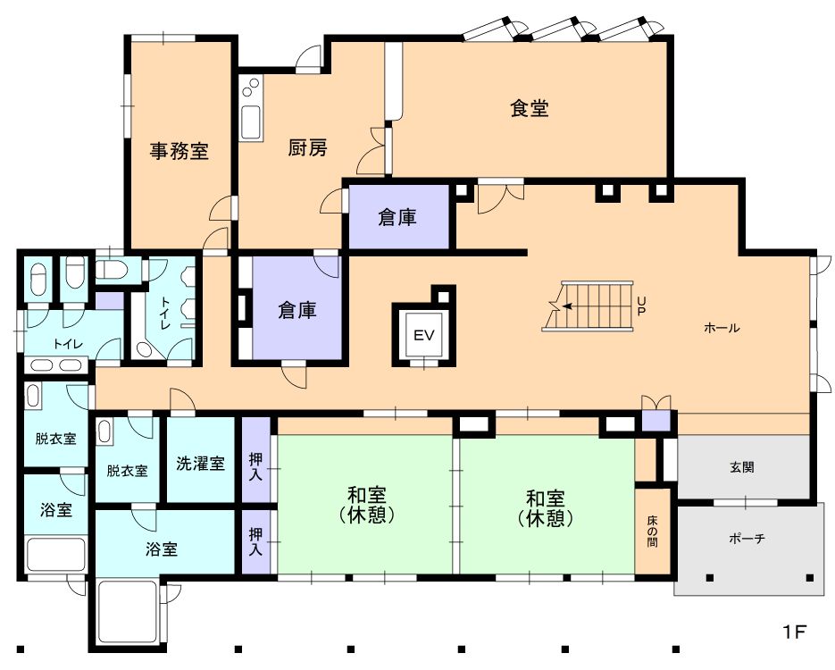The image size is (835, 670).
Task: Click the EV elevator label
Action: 424,335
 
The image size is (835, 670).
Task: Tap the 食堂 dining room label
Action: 530,108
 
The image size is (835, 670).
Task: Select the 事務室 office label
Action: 179,151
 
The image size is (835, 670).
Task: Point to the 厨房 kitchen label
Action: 307,147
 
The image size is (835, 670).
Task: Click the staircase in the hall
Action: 588,306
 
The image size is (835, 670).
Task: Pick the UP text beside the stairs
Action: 641,306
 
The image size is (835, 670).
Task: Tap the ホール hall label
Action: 722,328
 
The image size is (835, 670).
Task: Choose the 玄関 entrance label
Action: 742,467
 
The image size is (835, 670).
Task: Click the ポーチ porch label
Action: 747,539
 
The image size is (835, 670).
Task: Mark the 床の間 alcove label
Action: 652,531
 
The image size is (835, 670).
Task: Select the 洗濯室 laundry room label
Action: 200,464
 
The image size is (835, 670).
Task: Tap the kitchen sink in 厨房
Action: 251,122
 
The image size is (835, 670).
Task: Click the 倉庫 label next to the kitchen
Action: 397,217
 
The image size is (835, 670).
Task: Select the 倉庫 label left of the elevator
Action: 297,310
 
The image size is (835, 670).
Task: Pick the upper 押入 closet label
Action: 255,466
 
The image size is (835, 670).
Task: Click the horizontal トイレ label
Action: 68,344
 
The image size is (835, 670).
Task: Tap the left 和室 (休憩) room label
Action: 367,505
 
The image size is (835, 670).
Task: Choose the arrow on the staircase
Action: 569,306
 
